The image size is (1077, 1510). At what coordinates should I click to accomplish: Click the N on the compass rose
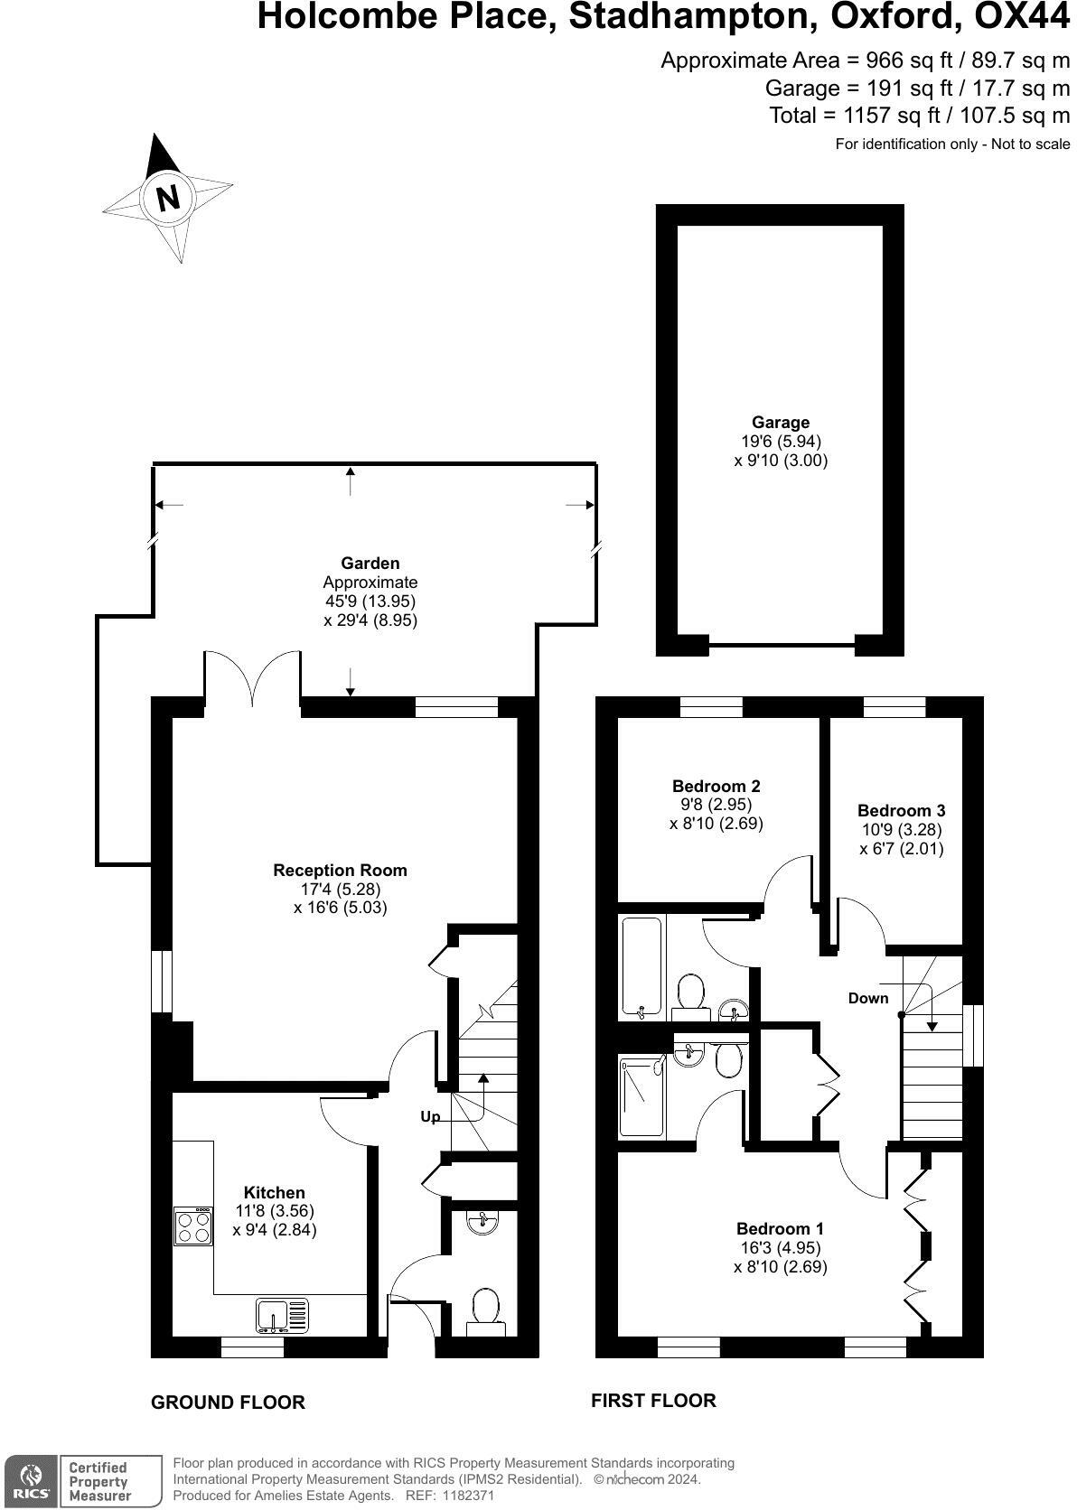pyautogui.click(x=168, y=197)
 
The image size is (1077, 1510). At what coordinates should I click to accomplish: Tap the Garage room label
pyautogui.click(x=780, y=422)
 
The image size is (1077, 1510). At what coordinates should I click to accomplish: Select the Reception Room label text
pyautogui.click(x=340, y=870)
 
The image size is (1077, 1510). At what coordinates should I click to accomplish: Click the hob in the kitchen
pyautogui.click(x=192, y=1227)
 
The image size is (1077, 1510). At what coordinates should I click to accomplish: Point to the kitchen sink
pyautogui.click(x=281, y=1315)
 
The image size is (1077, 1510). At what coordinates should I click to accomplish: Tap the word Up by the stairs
pyautogui.click(x=430, y=1117)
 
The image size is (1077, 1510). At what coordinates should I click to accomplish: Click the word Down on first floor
pyautogui.click(x=867, y=998)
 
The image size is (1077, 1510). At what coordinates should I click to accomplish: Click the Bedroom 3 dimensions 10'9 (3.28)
pyautogui.click(x=901, y=829)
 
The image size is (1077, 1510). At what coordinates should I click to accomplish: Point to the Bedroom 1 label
pyautogui.click(x=780, y=1228)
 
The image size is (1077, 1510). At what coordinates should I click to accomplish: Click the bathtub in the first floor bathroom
pyautogui.click(x=642, y=966)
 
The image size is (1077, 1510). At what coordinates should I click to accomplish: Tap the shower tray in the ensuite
pyautogui.click(x=642, y=1097)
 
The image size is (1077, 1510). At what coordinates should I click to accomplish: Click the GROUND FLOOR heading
pyautogui.click(x=228, y=1403)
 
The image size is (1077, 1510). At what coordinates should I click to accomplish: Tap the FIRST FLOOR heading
pyautogui.click(x=653, y=1401)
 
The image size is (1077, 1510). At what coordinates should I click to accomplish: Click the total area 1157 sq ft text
pyautogui.click(x=919, y=116)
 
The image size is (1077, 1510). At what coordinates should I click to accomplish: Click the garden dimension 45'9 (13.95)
pyautogui.click(x=370, y=601)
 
